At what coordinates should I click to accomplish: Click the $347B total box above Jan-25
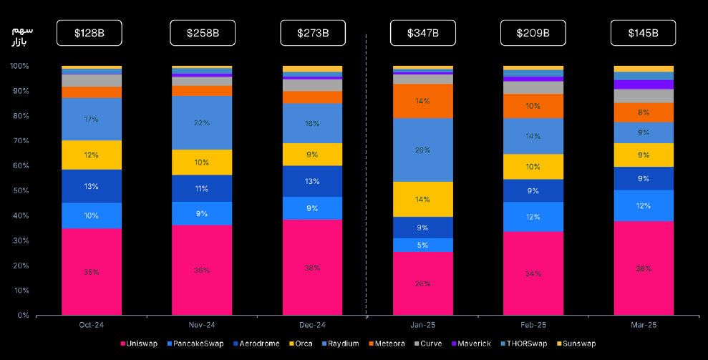[x=422, y=33]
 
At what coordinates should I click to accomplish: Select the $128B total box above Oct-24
[x=91, y=33]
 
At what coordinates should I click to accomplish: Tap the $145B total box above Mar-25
[x=644, y=33]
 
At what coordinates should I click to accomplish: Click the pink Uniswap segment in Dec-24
[x=312, y=267]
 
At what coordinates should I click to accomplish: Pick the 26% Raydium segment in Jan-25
[x=422, y=150]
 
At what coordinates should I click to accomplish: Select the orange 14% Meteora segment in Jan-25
[x=422, y=101]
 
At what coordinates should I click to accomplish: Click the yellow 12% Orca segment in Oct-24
[x=91, y=155]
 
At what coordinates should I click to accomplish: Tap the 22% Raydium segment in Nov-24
[x=202, y=122]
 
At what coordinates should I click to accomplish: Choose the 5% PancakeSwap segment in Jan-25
[x=422, y=245]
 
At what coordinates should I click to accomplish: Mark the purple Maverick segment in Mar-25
[x=644, y=84]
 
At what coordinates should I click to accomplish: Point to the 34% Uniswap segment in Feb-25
[x=533, y=273]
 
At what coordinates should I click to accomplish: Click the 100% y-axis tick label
[x=19, y=67]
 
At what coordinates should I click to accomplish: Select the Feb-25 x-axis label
[x=533, y=325]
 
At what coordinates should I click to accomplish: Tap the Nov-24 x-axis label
[x=202, y=325]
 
